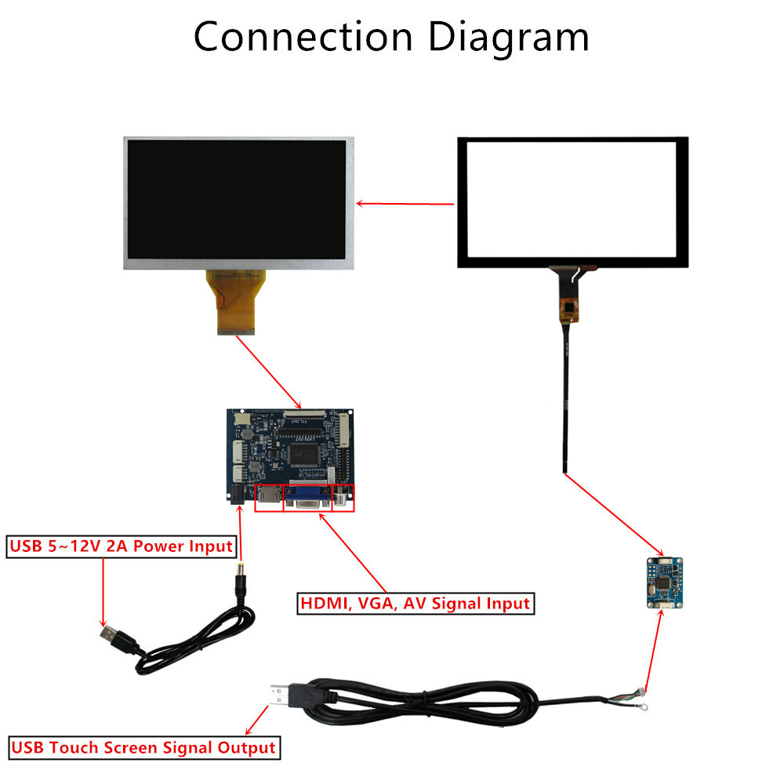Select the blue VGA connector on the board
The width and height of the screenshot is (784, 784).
(x=307, y=498)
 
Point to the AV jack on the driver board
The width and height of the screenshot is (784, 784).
(x=343, y=497)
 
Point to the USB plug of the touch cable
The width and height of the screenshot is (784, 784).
(x=284, y=696)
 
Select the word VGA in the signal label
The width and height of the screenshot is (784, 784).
(x=379, y=604)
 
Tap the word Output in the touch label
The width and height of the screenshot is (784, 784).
(x=248, y=747)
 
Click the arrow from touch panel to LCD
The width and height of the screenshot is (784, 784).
(x=405, y=204)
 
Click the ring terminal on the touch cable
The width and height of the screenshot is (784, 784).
(x=642, y=706)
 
